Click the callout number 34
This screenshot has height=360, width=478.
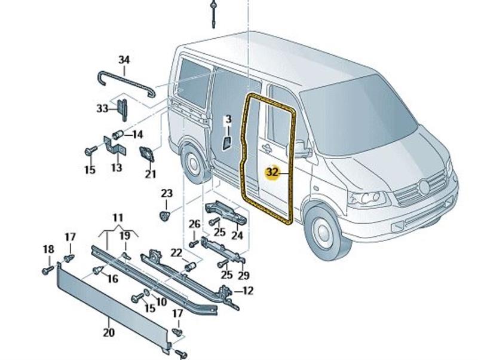[x=124, y=60]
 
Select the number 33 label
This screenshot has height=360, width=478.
[x=102, y=108]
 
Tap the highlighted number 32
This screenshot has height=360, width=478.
[x=272, y=172]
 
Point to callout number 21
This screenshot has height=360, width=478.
[x=151, y=174]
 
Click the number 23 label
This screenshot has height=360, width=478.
[x=166, y=193]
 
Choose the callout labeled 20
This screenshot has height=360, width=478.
[x=109, y=332]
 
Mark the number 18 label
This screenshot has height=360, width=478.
[x=48, y=249]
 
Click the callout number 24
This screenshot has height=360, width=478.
[x=237, y=236]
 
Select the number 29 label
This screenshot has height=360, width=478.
[x=243, y=275]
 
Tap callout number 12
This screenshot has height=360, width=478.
[x=248, y=291]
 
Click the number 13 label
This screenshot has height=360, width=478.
[x=117, y=168]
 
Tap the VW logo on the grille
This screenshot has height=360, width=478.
[x=424, y=187]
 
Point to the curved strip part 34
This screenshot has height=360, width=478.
[x=125, y=79]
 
